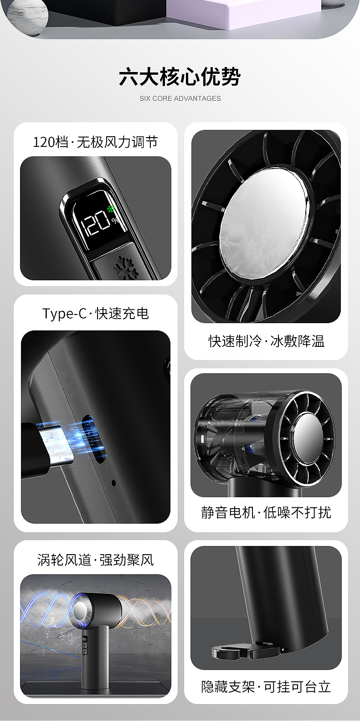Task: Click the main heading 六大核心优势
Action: [x=180, y=77]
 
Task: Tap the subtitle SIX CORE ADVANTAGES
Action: [x=180, y=98]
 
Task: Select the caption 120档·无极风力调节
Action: [x=96, y=142]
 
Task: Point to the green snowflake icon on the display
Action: [x=111, y=209]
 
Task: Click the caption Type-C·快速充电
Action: [x=96, y=313]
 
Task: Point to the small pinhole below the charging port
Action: [x=113, y=483]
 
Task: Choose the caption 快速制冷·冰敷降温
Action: [x=267, y=341]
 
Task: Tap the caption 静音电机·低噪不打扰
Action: [x=266, y=512]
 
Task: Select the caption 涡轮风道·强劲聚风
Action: [x=96, y=560]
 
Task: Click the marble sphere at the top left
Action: [x=28, y=15]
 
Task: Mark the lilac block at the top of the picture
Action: [x=245, y=13]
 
